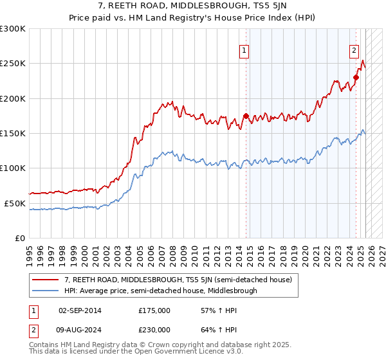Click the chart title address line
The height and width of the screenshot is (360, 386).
click(192, 6)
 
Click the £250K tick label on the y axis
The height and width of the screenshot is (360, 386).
click(12, 64)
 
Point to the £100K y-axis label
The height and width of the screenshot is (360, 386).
click(12, 168)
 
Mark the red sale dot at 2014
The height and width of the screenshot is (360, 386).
click(246, 116)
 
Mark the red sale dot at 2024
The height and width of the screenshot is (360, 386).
click(356, 78)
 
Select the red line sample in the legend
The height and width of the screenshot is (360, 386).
click(46, 280)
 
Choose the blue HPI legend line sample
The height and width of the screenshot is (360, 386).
click(46, 291)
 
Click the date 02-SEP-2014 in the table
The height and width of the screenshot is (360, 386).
click(80, 310)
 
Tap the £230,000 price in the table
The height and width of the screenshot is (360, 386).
click(154, 329)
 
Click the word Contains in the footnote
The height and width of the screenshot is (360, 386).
click(44, 345)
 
